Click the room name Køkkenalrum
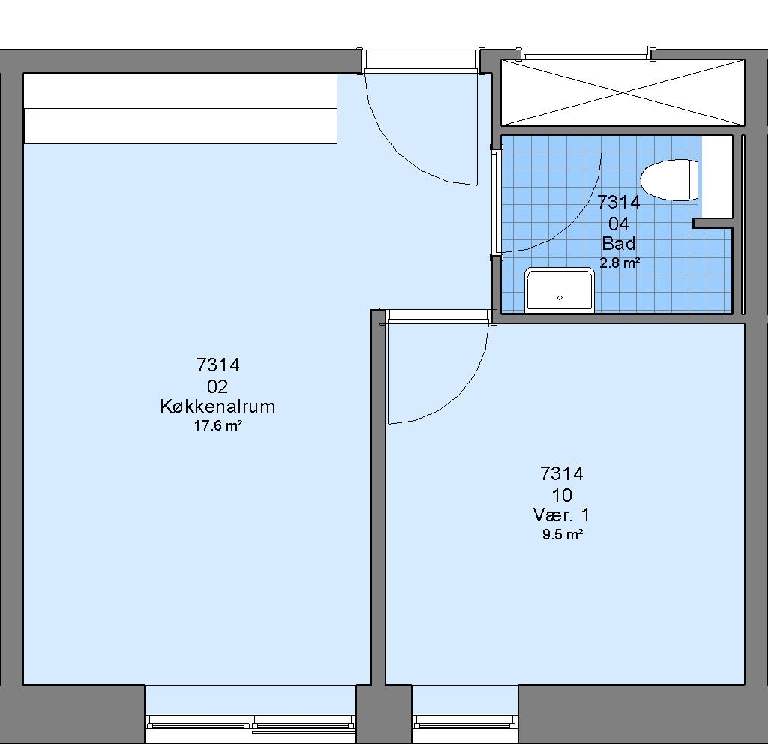point(217,407)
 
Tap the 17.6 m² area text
point(218,425)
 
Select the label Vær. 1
point(561,515)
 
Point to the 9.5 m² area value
point(562,534)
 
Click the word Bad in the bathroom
point(619,243)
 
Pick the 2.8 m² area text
point(619,263)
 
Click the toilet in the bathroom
point(669,180)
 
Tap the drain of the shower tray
point(559,297)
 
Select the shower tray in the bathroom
point(559,290)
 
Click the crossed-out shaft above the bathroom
point(622,92)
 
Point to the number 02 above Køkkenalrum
point(217,387)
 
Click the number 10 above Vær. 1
point(562,496)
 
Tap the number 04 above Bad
point(619,224)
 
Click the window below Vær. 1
point(465,721)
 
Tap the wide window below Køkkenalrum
point(250,722)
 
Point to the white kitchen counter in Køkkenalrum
point(180,108)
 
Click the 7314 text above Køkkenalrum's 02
point(218,365)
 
